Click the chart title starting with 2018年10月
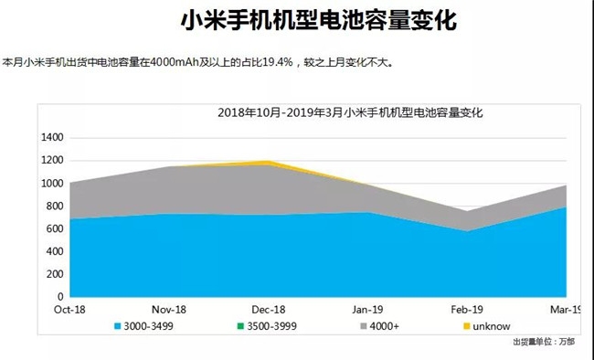349,113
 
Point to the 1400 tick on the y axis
52,137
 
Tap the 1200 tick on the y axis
52,160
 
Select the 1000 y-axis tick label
52,183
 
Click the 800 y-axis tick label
55,206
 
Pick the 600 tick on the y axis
55,228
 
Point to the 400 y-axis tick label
55,251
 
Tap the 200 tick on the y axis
55,274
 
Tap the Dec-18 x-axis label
268,311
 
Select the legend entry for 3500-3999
245,325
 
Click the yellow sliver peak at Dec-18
268,163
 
